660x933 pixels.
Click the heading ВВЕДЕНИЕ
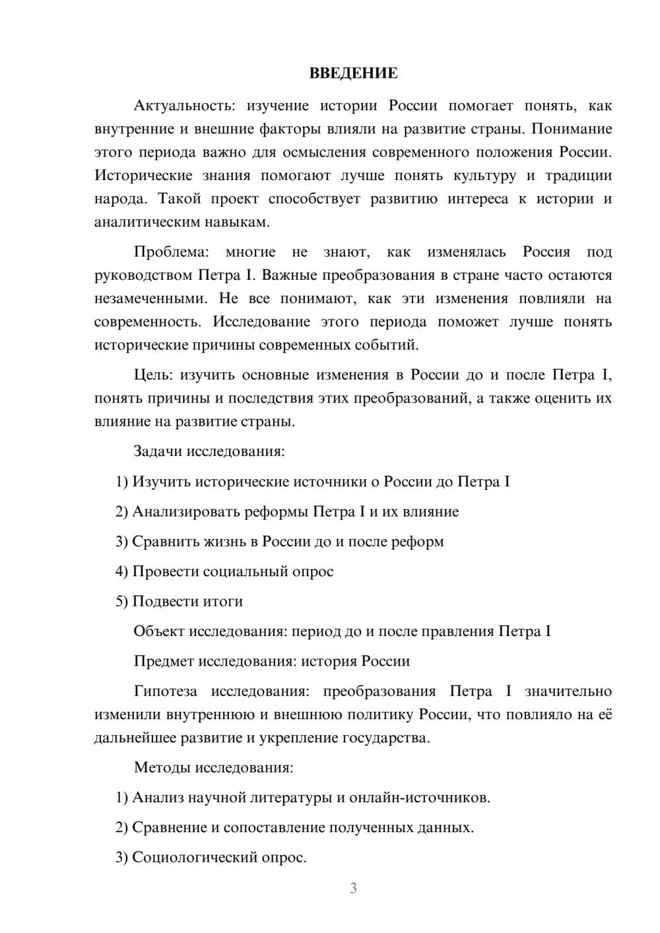point(353,73)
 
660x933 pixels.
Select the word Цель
point(152,375)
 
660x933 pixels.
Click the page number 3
point(353,888)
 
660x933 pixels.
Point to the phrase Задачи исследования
point(209,451)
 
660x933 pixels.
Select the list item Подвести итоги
point(187,601)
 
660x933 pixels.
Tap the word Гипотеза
point(165,691)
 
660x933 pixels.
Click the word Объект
point(159,631)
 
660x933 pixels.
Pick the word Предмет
point(164,661)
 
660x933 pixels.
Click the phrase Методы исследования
point(213,767)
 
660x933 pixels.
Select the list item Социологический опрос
point(218,857)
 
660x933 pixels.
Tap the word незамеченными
point(149,298)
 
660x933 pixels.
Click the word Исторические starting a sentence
point(143,176)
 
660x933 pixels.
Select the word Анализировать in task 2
point(186,511)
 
